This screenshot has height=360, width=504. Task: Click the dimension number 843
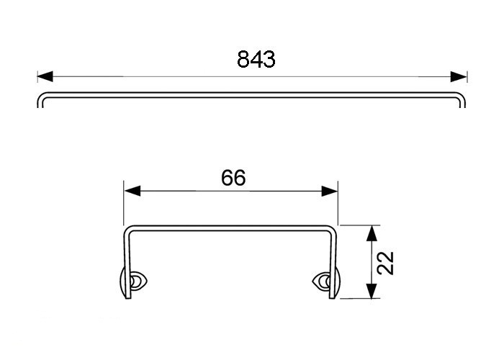pos(256,60)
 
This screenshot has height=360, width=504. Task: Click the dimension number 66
pos(233,178)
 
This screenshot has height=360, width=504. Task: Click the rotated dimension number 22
pos(385,263)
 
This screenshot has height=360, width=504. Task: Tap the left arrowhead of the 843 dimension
pos(45,77)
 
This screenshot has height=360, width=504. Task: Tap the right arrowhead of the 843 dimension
pos(459,77)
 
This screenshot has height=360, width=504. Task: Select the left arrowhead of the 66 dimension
pos(132,191)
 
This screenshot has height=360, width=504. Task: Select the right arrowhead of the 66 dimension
pos(330,191)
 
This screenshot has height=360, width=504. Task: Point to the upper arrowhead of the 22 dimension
pos(372,233)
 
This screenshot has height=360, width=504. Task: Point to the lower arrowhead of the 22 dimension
pos(372,291)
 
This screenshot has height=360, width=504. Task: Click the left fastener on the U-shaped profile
pos(133,282)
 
